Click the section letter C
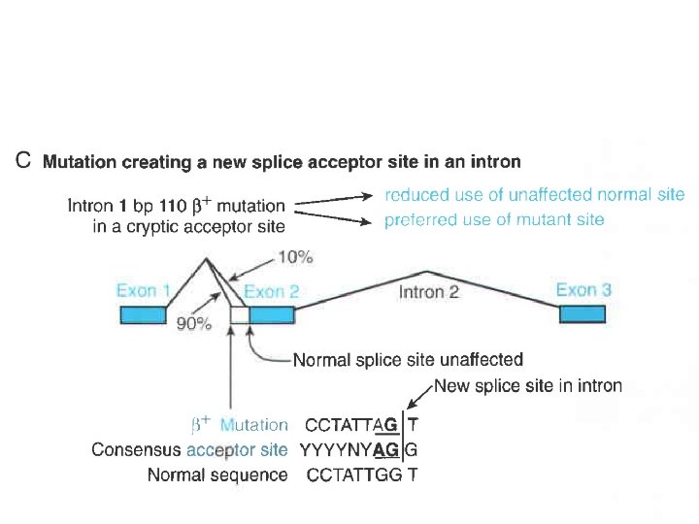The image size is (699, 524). click(x=26, y=161)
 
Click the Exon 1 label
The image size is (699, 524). click(x=144, y=291)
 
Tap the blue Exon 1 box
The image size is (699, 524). click(x=143, y=314)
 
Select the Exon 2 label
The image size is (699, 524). click(x=272, y=291)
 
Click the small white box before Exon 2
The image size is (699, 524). click(x=239, y=314)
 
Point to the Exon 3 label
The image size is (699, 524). click(x=583, y=290)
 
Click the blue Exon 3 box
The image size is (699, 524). click(x=582, y=314)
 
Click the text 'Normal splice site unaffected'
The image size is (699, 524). click(x=408, y=361)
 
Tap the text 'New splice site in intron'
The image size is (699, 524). click(x=528, y=386)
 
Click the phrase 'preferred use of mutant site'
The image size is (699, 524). click(x=494, y=220)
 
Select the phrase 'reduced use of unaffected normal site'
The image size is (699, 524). click(x=535, y=195)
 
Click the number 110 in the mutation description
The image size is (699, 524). click(x=184, y=206)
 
